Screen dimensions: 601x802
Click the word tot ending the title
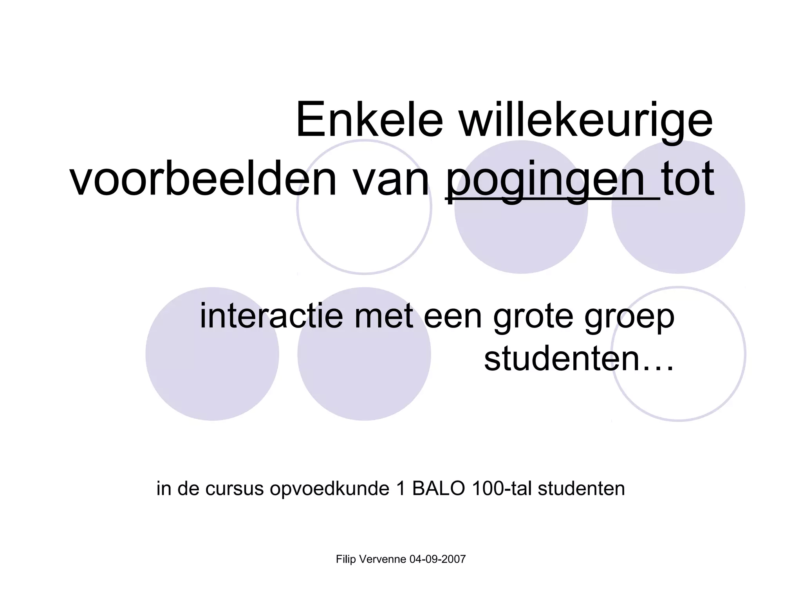pos(688,181)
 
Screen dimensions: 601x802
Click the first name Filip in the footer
pos(346,560)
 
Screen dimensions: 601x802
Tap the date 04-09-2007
pos(437,560)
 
